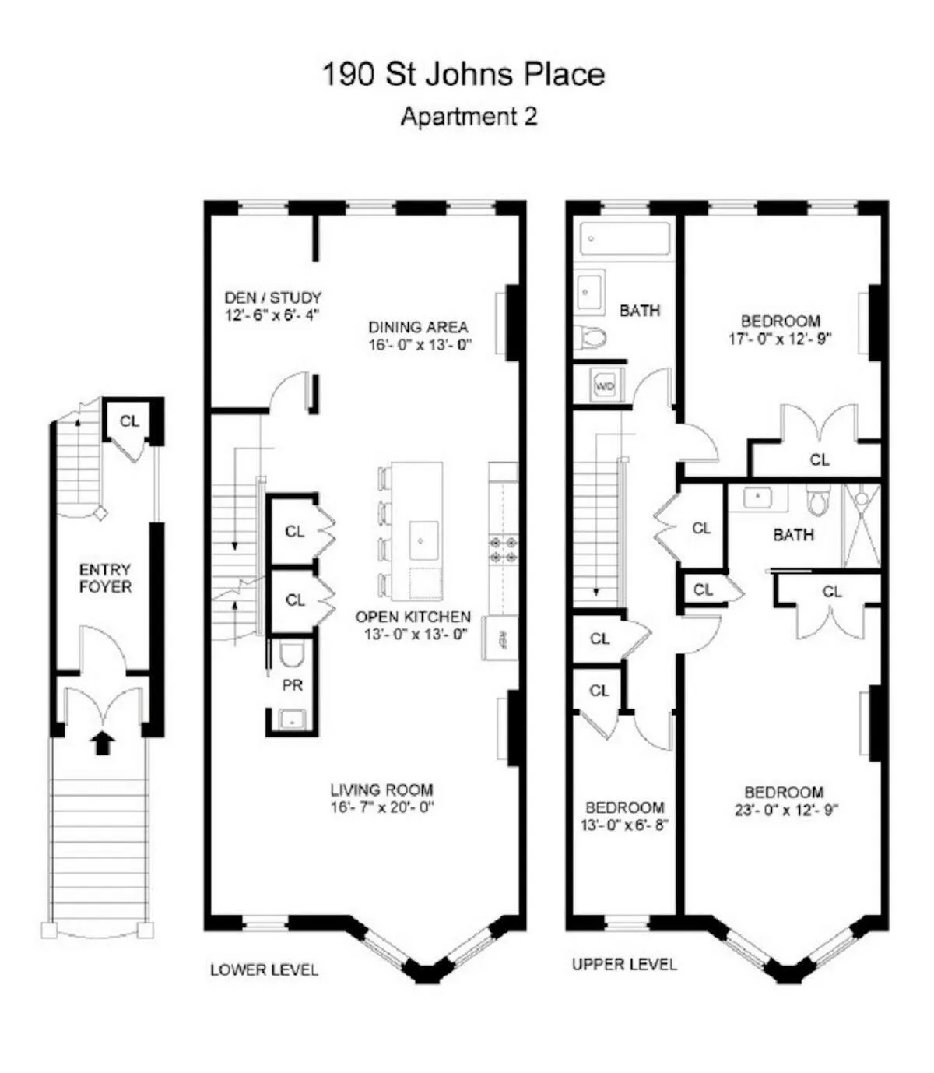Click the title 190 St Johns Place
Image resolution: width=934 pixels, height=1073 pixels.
click(463, 75)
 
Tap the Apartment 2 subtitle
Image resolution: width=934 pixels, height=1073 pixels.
click(469, 117)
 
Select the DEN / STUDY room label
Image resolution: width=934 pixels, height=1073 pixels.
click(272, 297)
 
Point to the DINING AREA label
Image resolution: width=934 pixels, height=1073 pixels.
click(419, 327)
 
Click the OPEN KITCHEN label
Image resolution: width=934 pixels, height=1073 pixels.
click(413, 617)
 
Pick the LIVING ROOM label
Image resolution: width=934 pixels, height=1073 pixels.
click(381, 790)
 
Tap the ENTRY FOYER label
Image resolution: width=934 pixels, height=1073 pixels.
click(105, 578)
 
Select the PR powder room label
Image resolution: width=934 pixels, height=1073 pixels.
click(293, 686)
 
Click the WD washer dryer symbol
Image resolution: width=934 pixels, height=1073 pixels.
click(605, 386)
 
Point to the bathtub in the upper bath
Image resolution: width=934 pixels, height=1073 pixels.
click(625, 239)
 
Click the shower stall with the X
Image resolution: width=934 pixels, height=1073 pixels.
click(862, 525)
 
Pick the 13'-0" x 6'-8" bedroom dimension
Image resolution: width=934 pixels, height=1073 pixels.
click(625, 825)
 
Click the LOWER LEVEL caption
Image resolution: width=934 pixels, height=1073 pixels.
click(264, 970)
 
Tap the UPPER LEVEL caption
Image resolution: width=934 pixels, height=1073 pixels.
click(624, 965)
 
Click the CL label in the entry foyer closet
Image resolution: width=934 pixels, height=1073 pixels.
click(129, 421)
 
